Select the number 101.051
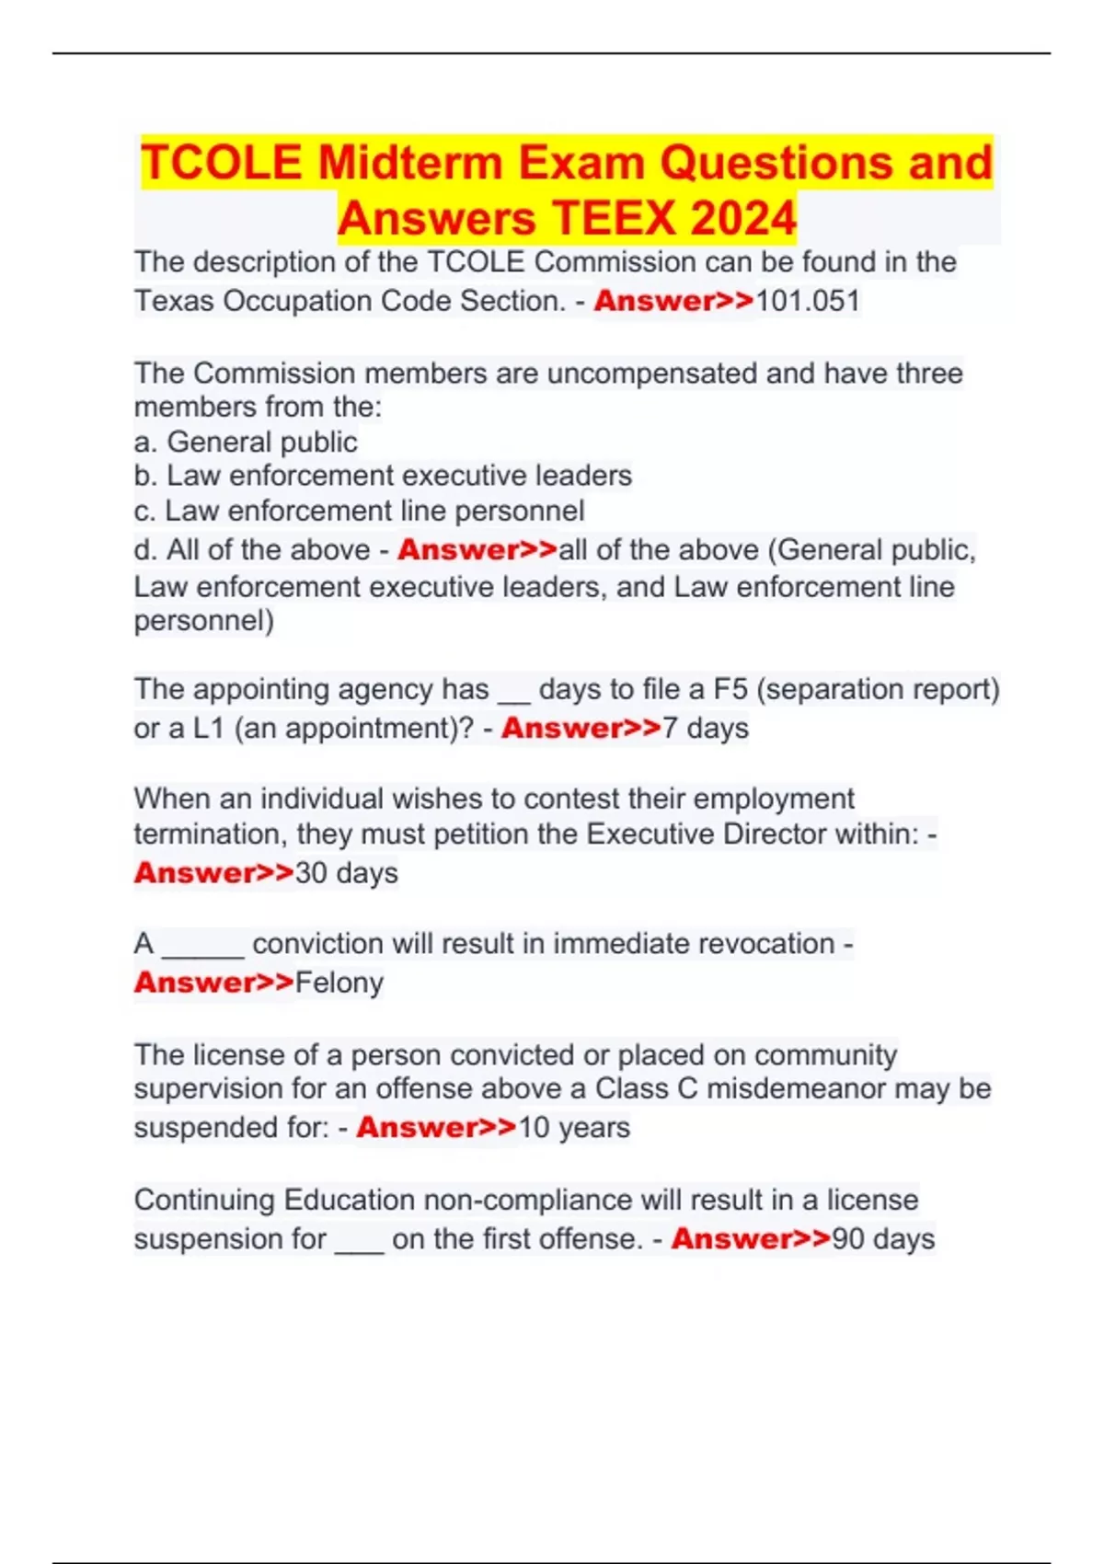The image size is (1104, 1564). pos(807,301)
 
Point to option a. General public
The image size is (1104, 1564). pos(246,442)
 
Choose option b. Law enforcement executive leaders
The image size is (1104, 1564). pos(383,476)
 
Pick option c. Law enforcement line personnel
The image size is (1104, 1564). pos(359,511)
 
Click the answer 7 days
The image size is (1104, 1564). pos(706,728)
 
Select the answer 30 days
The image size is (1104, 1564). pos(346,872)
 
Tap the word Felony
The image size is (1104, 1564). pos(339,983)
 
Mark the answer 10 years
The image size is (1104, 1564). pos(574,1127)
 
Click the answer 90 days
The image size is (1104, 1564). pos(883,1238)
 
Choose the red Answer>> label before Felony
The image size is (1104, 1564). pos(213,983)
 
